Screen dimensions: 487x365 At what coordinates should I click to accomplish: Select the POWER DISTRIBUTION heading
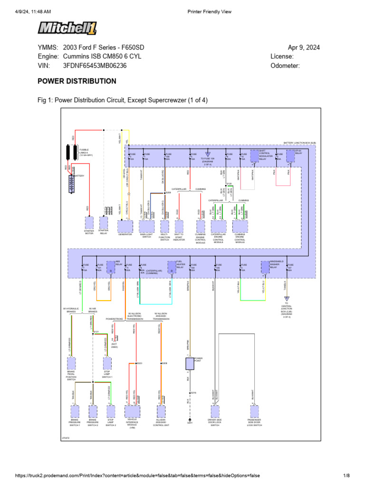click(77, 81)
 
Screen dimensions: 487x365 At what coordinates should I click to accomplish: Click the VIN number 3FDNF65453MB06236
click(95, 66)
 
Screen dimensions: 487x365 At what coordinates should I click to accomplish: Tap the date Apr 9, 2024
click(304, 48)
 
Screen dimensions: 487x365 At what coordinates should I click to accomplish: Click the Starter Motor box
click(89, 223)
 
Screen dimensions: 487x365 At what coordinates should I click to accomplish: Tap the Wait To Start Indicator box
click(179, 225)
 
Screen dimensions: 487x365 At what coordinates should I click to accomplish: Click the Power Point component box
click(190, 364)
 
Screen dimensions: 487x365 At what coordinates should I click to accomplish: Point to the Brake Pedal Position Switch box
click(71, 364)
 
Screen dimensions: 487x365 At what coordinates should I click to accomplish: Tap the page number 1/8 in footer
click(346, 476)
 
